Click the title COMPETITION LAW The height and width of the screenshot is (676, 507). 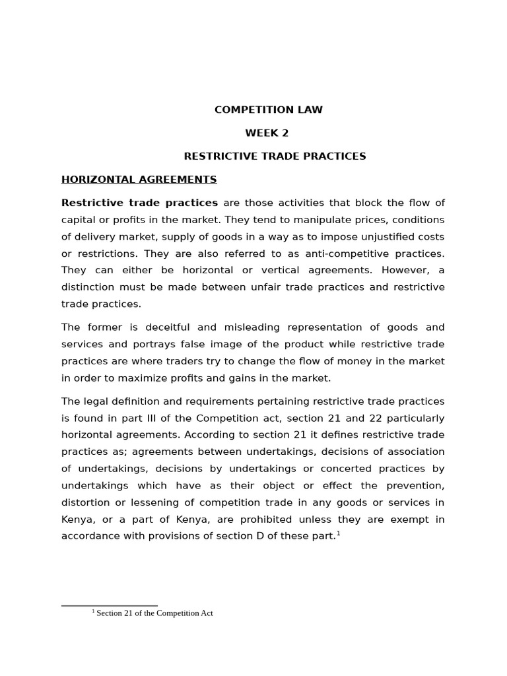pyautogui.click(x=268, y=110)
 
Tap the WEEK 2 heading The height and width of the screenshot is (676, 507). pyautogui.click(x=267, y=133)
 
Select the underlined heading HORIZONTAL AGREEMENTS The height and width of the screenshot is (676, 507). pyautogui.click(x=139, y=180)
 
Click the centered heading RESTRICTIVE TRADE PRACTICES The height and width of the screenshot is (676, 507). pyautogui.click(x=275, y=156)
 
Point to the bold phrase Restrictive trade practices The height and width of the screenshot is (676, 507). pyautogui.click(x=139, y=203)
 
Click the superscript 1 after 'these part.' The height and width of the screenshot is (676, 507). pyautogui.click(x=339, y=533)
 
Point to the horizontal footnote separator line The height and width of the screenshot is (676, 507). pyautogui.click(x=109, y=605)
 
